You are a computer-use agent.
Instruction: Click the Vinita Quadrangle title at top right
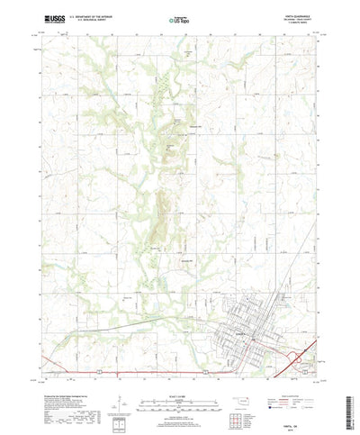(x=301, y=14)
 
